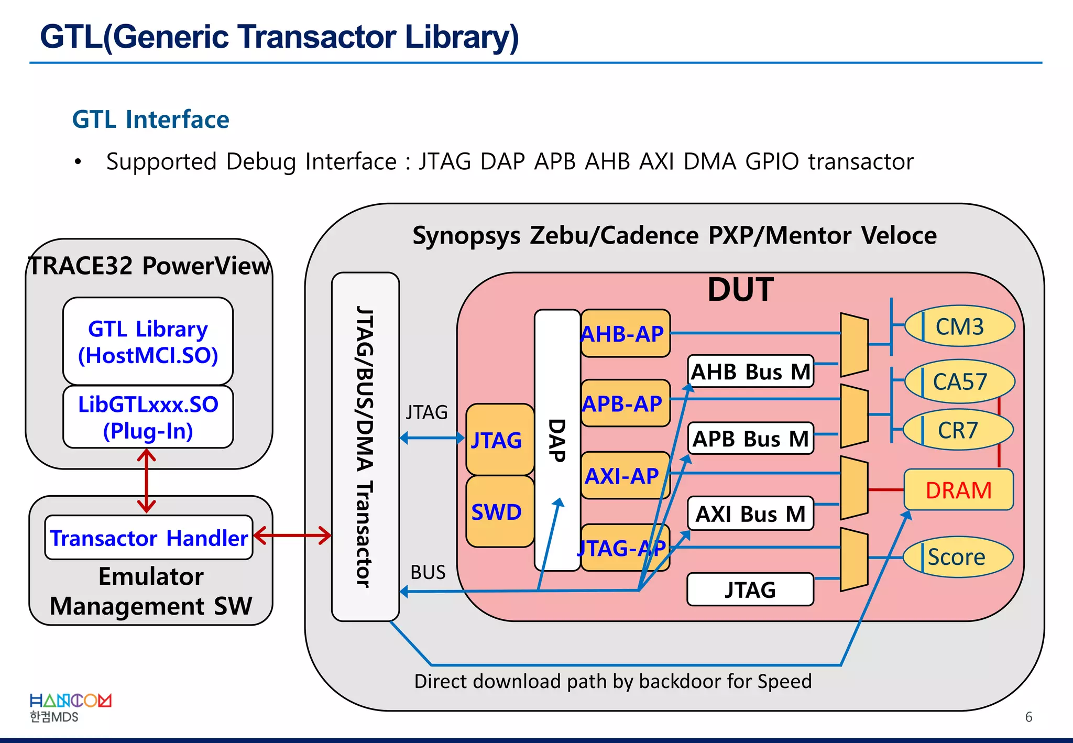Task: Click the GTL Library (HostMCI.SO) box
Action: [x=148, y=342]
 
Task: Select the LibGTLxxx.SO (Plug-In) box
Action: [x=148, y=417]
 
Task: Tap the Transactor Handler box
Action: [x=149, y=538]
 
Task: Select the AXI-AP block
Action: [x=625, y=476]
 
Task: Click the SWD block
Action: [x=499, y=512]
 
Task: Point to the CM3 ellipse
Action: [x=960, y=326]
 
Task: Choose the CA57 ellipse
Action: [x=960, y=381]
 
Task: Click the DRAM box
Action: [x=958, y=490]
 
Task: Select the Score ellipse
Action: [x=957, y=557]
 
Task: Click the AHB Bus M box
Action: [x=750, y=371]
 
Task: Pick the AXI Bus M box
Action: [x=750, y=514]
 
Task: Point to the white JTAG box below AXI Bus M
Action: [x=750, y=589]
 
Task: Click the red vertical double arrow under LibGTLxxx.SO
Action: [x=147, y=481]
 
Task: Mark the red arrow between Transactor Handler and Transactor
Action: [x=292, y=536]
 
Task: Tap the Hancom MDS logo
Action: [x=70, y=707]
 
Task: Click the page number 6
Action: [x=1028, y=717]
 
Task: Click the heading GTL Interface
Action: [x=151, y=119]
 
